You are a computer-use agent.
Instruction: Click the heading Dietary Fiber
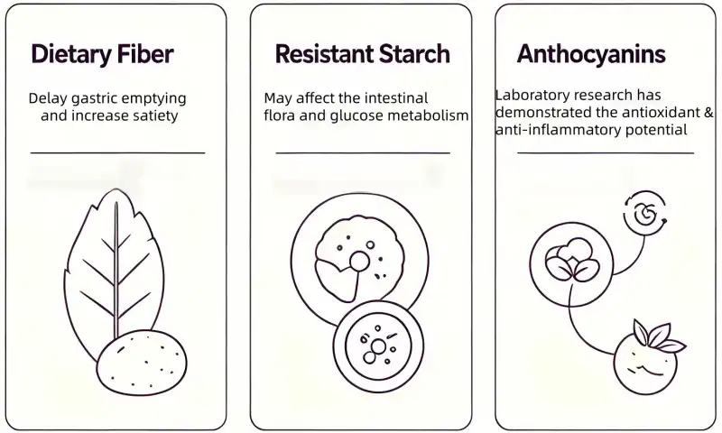tap(102, 54)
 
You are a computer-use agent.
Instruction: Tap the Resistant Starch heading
tap(363, 54)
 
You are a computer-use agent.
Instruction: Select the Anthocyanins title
tap(591, 54)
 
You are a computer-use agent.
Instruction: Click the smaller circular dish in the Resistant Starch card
tap(378, 346)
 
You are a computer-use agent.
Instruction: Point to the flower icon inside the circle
tap(571, 259)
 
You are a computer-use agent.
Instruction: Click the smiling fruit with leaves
tap(646, 362)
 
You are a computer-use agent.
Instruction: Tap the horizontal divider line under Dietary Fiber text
tap(117, 152)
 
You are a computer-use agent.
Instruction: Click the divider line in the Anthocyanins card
tap(606, 152)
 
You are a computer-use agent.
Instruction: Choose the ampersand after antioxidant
tap(708, 112)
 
